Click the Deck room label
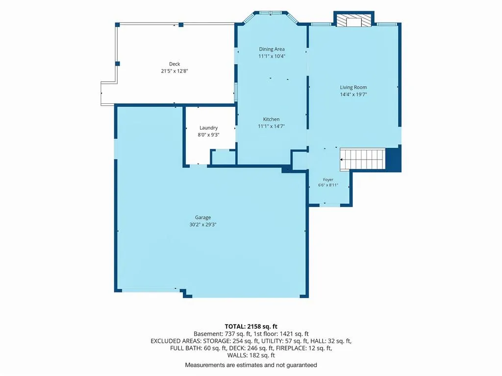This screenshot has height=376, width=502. click(175, 64)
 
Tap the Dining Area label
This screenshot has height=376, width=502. click(272, 49)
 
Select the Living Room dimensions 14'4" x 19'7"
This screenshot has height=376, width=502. click(353, 94)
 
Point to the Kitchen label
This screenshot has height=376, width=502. click(271, 119)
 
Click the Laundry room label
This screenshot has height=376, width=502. click(208, 128)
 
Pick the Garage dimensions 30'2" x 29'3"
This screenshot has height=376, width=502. click(202, 224)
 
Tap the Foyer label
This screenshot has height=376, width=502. click(328, 180)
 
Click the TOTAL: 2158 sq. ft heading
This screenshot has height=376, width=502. click(251, 327)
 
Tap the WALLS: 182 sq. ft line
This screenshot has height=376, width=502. click(251, 355)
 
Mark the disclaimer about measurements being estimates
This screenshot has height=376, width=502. click(251, 365)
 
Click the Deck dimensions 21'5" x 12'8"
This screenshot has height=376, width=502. click(175, 71)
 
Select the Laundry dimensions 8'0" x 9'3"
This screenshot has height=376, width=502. click(208, 135)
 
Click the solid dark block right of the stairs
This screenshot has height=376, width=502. click(394, 159)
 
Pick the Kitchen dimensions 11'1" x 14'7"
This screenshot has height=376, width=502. click(271, 126)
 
